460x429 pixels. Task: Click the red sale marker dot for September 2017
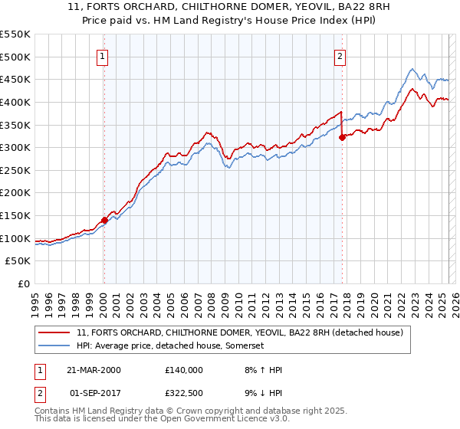[342, 137]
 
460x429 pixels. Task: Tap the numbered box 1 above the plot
[103, 55]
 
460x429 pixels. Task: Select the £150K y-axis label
[15, 216]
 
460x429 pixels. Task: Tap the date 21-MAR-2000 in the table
[94, 370]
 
